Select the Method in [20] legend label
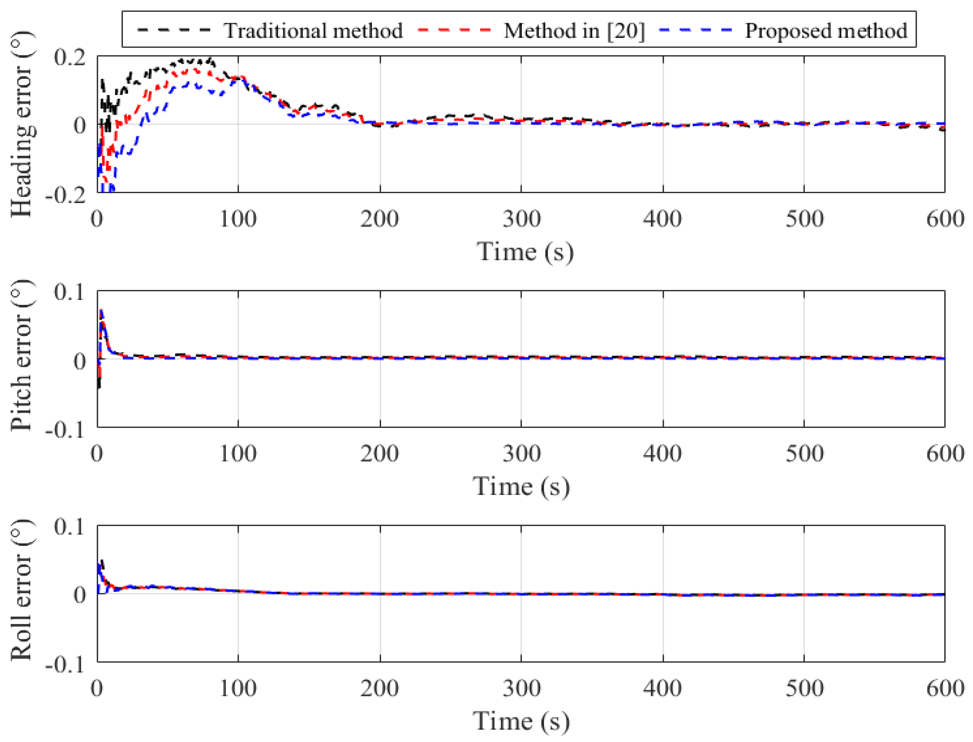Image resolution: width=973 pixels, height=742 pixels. click(x=574, y=31)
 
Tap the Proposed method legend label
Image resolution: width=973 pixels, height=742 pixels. click(x=826, y=31)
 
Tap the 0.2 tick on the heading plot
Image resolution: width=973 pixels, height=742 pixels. click(x=70, y=57)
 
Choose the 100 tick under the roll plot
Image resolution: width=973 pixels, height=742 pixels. click(x=238, y=689)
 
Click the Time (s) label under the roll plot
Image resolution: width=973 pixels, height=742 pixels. click(x=521, y=722)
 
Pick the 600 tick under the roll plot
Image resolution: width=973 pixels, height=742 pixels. click(x=945, y=689)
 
